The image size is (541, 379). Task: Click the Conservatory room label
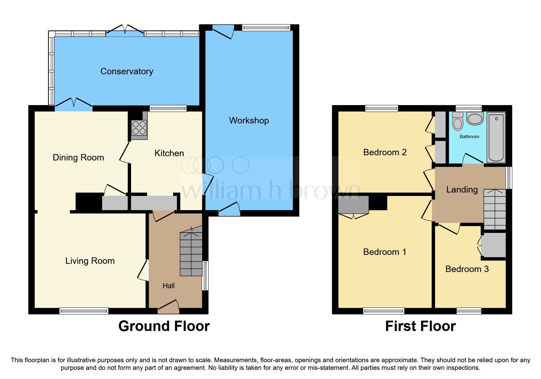tap(126, 71)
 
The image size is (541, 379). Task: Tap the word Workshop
tap(249, 120)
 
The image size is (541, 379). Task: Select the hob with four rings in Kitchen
tap(139, 128)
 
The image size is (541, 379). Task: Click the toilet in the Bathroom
tap(458, 122)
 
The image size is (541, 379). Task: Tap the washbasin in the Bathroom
tap(475, 119)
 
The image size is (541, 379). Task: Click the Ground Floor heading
tap(164, 326)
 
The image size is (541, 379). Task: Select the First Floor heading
tap(420, 326)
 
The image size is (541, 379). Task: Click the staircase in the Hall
tap(191, 254)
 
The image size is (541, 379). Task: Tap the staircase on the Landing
tap(495, 210)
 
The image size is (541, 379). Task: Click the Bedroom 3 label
tap(467, 269)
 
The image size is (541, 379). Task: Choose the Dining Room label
tap(78, 157)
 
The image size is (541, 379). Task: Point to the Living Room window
tap(84, 311)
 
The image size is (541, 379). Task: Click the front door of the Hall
tap(168, 307)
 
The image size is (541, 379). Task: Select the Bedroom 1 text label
tap(385, 252)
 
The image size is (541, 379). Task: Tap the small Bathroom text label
tap(469, 137)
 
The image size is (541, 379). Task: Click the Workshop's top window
tap(266, 28)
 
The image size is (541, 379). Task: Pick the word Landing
tap(462, 189)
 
